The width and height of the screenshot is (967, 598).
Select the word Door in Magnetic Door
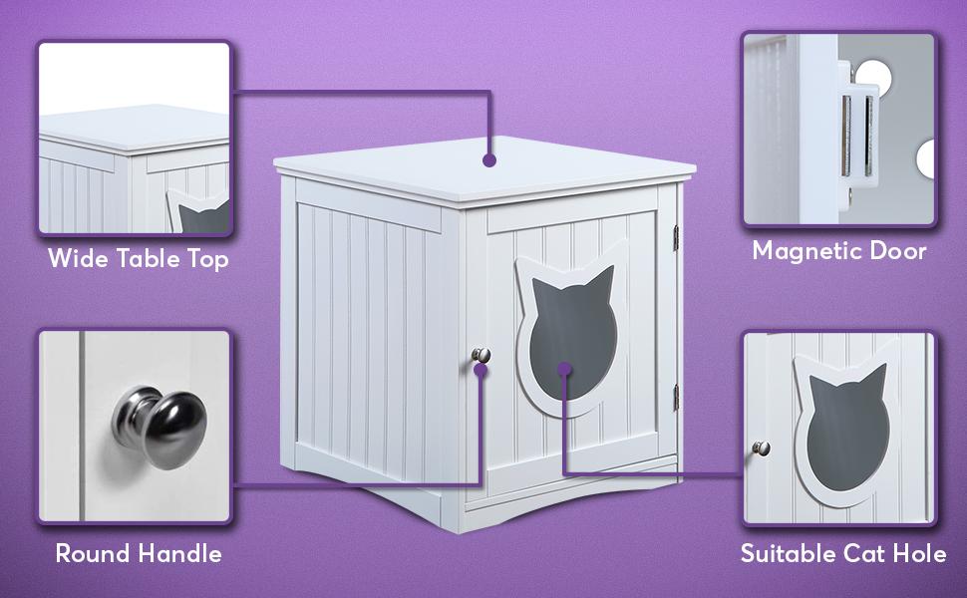[900, 250]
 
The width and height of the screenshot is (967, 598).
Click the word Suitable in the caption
[788, 552]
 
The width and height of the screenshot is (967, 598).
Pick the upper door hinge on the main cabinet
[677, 237]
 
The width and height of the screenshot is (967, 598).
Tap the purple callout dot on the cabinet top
[488, 158]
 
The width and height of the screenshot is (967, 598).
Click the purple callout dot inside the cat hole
[564, 370]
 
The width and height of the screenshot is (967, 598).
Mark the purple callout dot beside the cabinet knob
[482, 370]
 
